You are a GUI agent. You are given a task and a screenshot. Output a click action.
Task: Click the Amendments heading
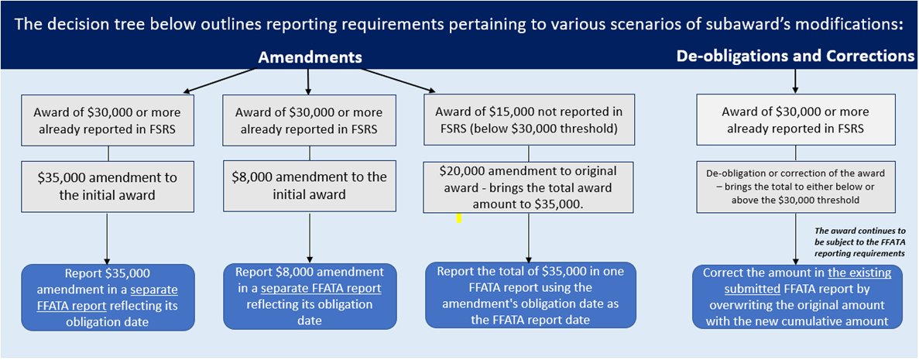click(x=310, y=57)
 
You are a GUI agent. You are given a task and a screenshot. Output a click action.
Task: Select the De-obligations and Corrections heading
click(x=795, y=56)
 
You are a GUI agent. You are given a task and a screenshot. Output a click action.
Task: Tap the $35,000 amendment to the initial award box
click(x=108, y=186)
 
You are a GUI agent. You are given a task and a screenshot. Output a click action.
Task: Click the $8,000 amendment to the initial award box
click(x=310, y=186)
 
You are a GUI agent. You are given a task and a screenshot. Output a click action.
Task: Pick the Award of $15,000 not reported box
click(x=529, y=120)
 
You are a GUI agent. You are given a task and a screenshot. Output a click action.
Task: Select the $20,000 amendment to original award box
click(x=529, y=187)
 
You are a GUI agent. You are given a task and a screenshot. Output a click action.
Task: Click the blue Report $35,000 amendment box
click(x=107, y=297)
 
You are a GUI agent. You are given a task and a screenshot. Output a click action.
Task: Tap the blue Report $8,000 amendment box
click(x=310, y=297)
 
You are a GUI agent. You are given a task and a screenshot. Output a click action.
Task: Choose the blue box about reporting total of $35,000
click(x=530, y=295)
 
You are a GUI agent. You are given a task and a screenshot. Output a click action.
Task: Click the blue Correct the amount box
click(x=797, y=297)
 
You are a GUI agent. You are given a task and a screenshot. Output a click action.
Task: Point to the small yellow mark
click(x=458, y=218)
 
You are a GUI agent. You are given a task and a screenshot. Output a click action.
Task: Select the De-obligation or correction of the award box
click(x=797, y=187)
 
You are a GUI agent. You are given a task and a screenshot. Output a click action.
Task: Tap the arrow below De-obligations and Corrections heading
click(x=796, y=79)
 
